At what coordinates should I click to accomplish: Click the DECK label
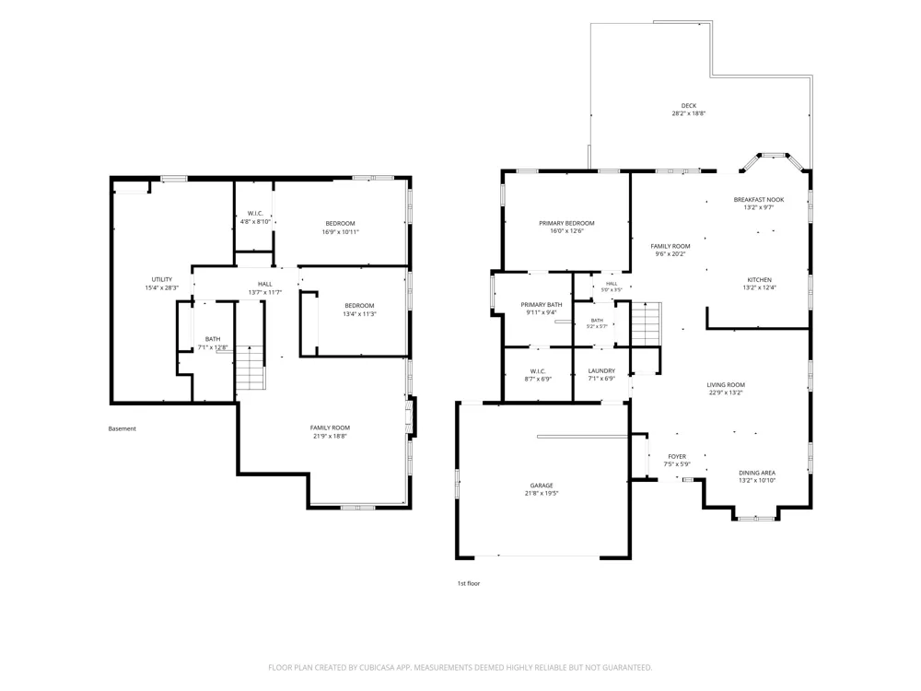pyautogui.click(x=688, y=106)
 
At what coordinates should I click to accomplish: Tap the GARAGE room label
pyautogui.click(x=541, y=486)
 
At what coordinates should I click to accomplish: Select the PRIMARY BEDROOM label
pyautogui.click(x=566, y=223)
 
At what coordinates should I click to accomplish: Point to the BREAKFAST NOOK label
pyautogui.click(x=758, y=200)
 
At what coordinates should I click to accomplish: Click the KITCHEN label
pyautogui.click(x=759, y=280)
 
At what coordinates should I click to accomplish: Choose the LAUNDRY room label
pyautogui.click(x=601, y=370)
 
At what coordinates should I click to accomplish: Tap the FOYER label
pyautogui.click(x=677, y=456)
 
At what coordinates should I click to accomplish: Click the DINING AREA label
pyautogui.click(x=756, y=473)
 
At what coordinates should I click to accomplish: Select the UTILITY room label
pyautogui.click(x=161, y=280)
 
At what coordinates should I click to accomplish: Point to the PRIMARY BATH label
pyautogui.click(x=541, y=304)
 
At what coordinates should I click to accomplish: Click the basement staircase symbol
pyautogui.click(x=251, y=368)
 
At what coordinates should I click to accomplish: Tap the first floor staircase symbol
pyautogui.click(x=646, y=323)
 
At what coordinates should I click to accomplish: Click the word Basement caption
pyautogui.click(x=122, y=429)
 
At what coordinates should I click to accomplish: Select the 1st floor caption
pyautogui.click(x=468, y=583)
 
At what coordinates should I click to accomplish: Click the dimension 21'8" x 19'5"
pyautogui.click(x=541, y=494)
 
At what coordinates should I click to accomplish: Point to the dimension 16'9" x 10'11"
pyautogui.click(x=340, y=231)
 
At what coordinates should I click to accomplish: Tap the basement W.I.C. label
pyautogui.click(x=255, y=214)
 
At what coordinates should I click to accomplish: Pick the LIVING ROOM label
pyautogui.click(x=726, y=385)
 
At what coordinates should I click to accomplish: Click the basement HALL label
pyautogui.click(x=264, y=285)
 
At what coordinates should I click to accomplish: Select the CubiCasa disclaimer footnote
pyautogui.click(x=460, y=667)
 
